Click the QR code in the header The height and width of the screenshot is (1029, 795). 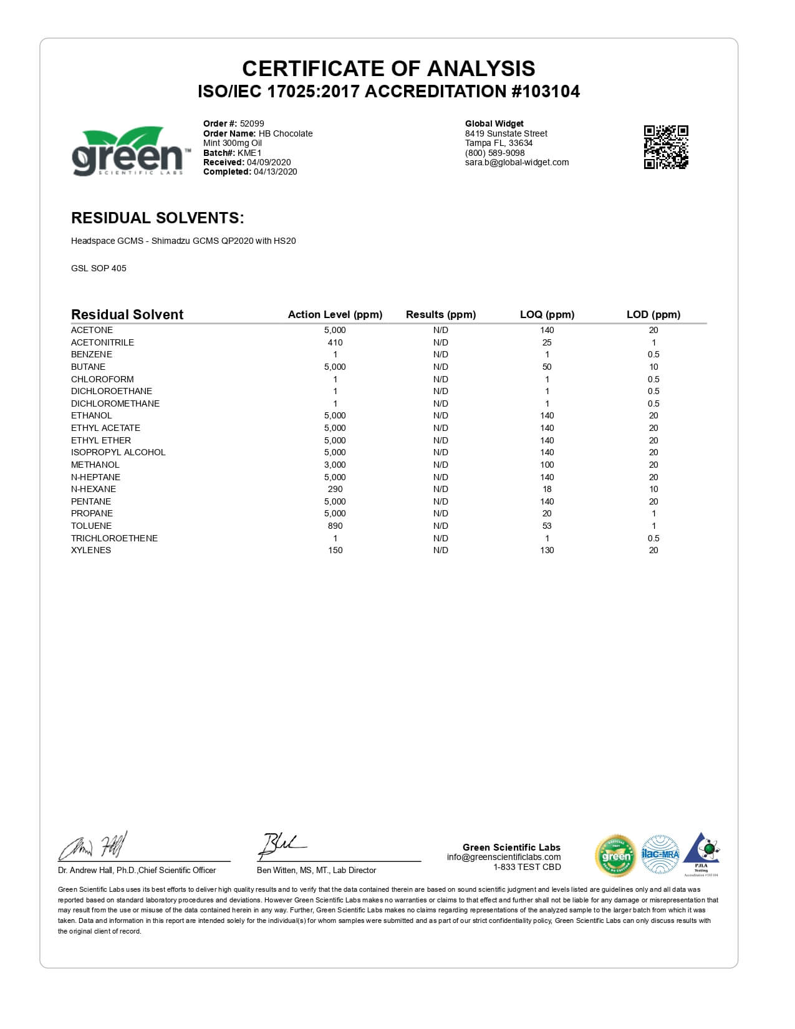point(665,147)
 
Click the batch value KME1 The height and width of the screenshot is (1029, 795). point(249,153)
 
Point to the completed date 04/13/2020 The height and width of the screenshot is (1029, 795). point(275,171)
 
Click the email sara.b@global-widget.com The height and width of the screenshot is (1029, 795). point(517,162)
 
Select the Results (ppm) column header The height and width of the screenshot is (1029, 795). point(440,314)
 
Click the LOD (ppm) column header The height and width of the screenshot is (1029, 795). point(653,314)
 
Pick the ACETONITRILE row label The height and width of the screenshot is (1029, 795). point(102,342)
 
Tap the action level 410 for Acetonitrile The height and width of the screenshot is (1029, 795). point(335,342)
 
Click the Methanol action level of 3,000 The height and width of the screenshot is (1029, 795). point(335,465)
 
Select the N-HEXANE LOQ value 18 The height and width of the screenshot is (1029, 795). point(547,489)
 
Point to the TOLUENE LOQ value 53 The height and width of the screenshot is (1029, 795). point(547,526)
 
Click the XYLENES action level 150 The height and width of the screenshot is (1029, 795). point(335,550)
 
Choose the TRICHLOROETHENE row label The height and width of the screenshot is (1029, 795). point(114,538)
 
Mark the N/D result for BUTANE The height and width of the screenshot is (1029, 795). point(440,367)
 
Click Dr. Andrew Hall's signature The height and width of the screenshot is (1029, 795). point(94,847)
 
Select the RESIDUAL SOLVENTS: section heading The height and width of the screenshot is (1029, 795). point(157,218)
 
